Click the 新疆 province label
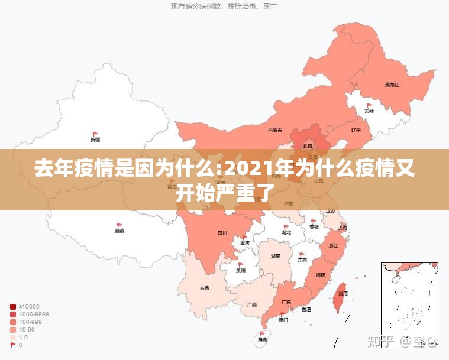point(95,140)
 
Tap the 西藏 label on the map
point(119,231)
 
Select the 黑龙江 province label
point(392,85)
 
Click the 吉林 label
point(369,111)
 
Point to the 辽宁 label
point(356,130)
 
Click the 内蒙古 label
point(275,130)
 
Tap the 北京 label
point(308,146)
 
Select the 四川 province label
point(222,233)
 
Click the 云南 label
point(205,288)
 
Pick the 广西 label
point(252,304)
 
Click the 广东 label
point(285,302)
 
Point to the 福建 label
point(320,275)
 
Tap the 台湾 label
point(343,293)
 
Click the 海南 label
point(263,340)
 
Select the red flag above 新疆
point(95,134)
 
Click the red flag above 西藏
point(119,225)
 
